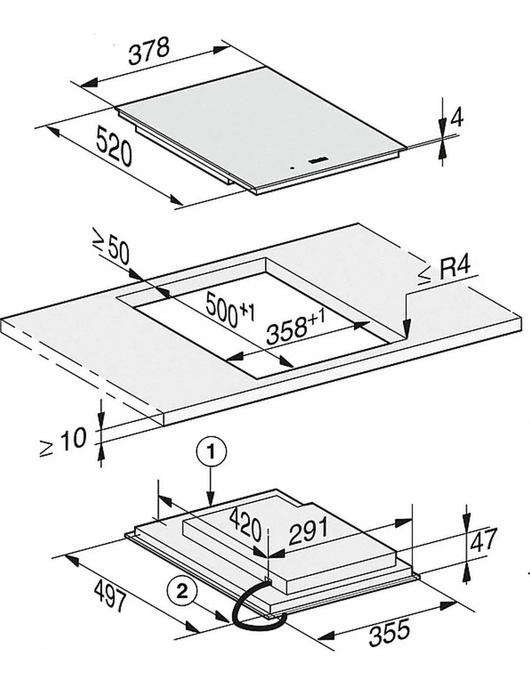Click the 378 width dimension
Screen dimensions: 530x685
click(149, 51)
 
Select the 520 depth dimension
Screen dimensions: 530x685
click(114, 145)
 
